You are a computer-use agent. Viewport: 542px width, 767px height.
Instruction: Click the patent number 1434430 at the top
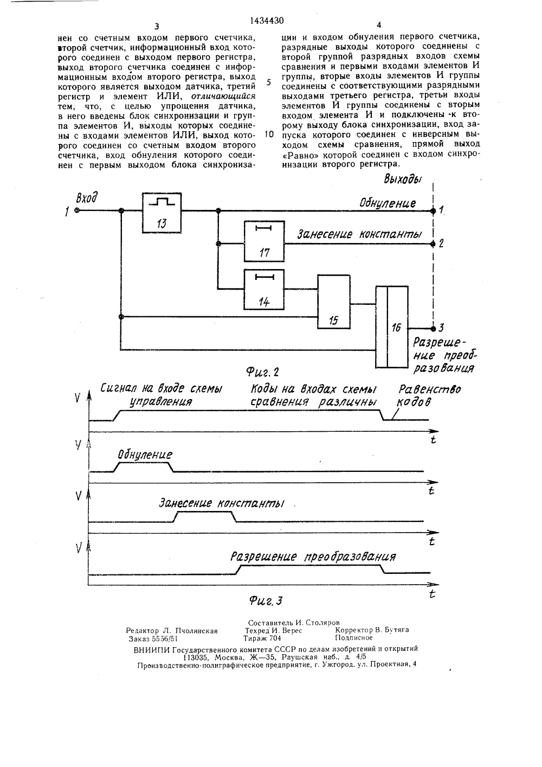[x=267, y=21]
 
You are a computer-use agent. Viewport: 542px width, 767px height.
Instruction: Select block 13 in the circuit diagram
[x=162, y=213]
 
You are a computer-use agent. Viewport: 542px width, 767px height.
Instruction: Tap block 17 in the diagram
[x=264, y=241]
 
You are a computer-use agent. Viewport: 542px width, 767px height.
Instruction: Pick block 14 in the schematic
[x=264, y=290]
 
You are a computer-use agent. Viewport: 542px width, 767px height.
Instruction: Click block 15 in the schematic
[x=334, y=302]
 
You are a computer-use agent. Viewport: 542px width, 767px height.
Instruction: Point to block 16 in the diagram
[x=392, y=327]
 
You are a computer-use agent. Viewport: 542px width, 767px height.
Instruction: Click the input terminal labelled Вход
[x=77, y=210]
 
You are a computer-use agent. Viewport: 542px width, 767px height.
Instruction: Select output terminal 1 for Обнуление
[x=433, y=211]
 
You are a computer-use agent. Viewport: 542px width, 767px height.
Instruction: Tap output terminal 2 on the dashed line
[x=433, y=244]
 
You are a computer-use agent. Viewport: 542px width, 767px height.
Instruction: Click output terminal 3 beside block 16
[x=433, y=329]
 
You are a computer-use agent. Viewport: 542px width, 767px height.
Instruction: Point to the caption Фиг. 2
[x=262, y=372]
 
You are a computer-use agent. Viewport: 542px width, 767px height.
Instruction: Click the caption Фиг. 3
[x=266, y=600]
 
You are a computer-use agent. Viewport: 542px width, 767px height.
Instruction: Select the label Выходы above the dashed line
[x=402, y=179]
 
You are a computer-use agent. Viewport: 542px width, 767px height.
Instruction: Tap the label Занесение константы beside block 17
[x=359, y=234]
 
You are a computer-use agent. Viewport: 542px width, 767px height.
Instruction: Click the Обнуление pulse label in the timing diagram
[x=145, y=455]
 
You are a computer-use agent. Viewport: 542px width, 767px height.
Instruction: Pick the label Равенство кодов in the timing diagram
[x=429, y=395]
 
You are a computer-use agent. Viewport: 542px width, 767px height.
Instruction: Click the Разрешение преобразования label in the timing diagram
[x=313, y=557]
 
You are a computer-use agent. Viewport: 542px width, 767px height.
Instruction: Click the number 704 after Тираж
[x=275, y=638]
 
